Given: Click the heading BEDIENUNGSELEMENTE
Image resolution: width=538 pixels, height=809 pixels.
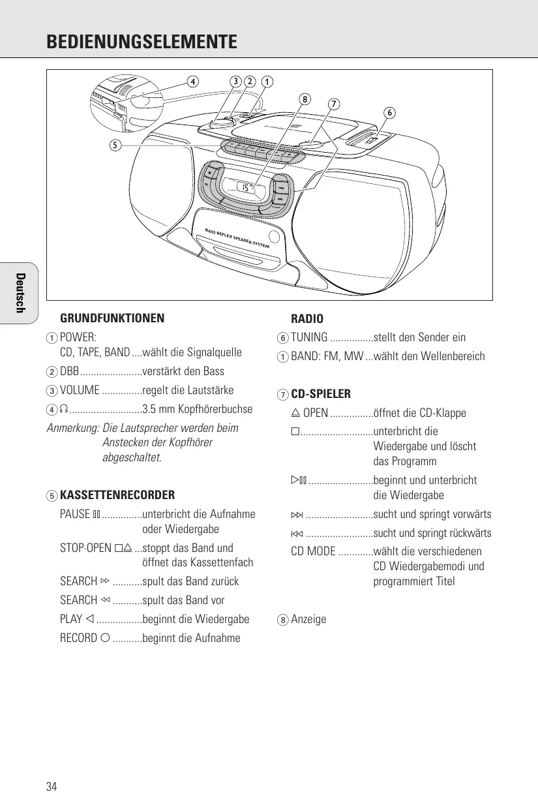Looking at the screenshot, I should (142, 43).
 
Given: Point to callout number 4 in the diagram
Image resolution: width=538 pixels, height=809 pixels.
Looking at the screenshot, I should (192, 82).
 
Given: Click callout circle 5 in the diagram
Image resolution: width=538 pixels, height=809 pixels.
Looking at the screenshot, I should (114, 145).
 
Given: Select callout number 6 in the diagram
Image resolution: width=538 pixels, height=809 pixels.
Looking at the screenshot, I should (389, 112).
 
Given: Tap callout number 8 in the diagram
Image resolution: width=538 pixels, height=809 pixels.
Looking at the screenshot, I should (304, 99).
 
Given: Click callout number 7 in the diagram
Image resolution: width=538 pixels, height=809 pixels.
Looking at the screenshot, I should (333, 104).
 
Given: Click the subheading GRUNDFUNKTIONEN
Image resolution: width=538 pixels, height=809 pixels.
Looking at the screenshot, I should (112, 319).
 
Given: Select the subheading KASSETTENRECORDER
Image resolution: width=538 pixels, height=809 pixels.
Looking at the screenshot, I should (117, 495).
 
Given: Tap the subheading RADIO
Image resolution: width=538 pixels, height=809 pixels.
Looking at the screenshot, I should (307, 319).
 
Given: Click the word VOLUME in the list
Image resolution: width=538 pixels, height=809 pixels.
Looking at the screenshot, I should (80, 390).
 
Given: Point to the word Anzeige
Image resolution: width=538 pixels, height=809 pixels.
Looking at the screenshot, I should (308, 618).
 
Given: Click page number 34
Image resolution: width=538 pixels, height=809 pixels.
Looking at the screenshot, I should (52, 786).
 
